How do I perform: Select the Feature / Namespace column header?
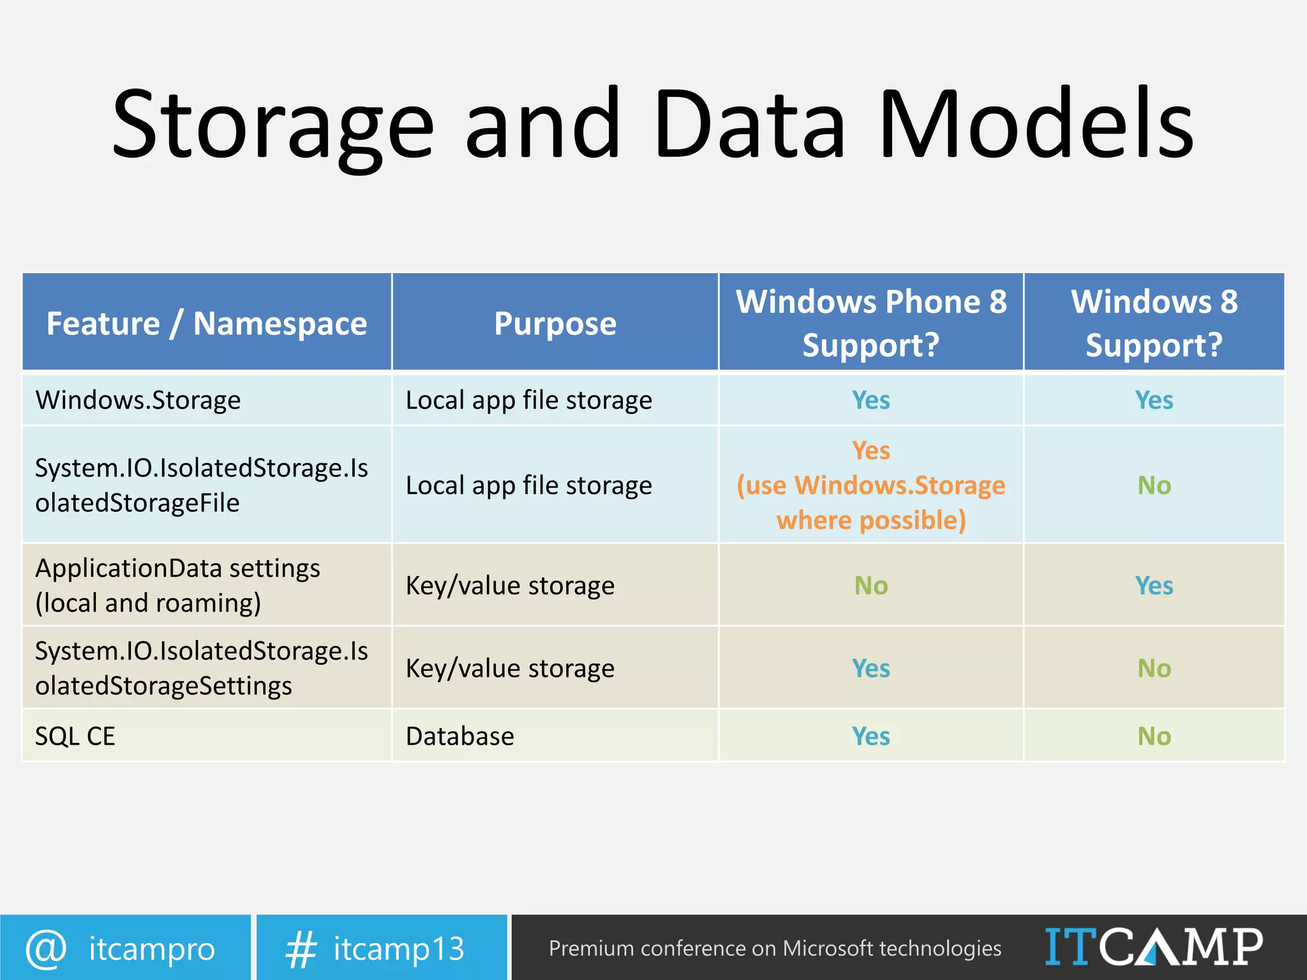[207, 323]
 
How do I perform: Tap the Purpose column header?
[555, 323]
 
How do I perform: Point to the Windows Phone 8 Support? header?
[871, 323]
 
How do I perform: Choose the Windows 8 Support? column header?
[1154, 323]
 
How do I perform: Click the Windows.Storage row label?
[138, 401]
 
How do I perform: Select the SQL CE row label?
[75, 736]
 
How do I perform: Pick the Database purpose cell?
[459, 736]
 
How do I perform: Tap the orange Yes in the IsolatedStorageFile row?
[871, 451]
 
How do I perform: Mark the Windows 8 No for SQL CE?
[1154, 736]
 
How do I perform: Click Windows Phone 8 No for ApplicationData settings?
[871, 586]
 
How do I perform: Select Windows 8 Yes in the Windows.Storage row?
[1154, 401]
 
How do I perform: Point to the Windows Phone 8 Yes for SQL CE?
[871, 736]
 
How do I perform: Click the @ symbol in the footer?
[46, 948]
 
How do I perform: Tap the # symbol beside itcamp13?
[301, 949]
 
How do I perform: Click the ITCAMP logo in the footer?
[1153, 947]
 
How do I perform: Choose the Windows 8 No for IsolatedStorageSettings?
[1154, 669]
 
